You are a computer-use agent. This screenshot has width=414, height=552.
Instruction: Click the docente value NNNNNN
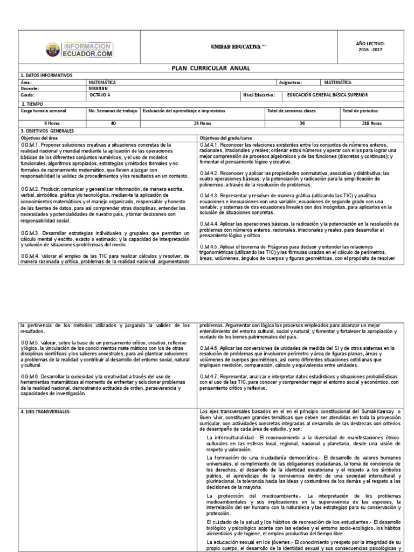(98, 88)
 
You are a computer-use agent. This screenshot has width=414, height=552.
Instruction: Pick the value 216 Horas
(371, 123)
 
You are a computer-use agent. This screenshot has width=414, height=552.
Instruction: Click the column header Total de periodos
(360, 111)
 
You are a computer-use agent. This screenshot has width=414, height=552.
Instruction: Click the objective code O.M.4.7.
(208, 375)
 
